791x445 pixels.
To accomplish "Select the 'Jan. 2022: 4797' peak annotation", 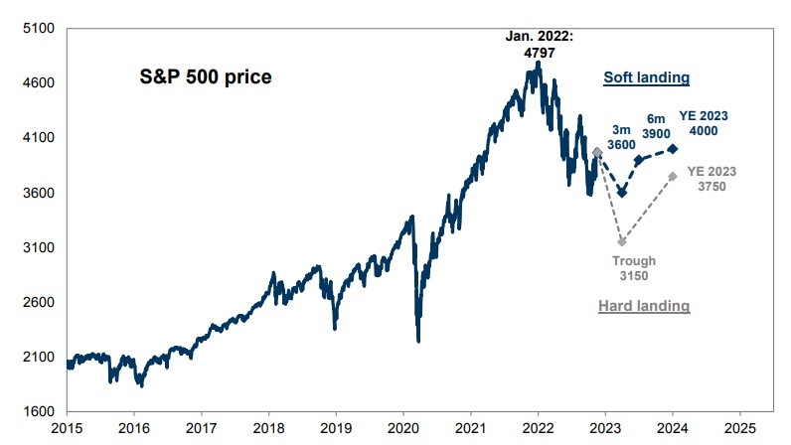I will click(x=539, y=43).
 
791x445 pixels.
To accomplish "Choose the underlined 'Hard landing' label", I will click(x=643, y=306).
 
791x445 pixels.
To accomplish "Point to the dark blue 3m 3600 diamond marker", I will click(x=622, y=192).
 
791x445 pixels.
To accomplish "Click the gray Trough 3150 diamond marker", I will click(x=622, y=241).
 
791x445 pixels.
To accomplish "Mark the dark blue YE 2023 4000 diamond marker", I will click(x=673, y=149).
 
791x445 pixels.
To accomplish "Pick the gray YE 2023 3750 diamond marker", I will click(x=673, y=176).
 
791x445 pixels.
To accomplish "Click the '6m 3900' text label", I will click(x=657, y=124).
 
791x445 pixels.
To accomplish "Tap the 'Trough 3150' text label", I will click(x=633, y=268).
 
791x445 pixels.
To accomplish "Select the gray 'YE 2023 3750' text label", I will click(x=712, y=178).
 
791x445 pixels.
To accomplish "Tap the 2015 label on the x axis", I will click(x=67, y=430).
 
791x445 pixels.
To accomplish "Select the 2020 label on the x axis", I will click(x=403, y=430).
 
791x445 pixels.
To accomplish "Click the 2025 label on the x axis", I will click(x=740, y=430).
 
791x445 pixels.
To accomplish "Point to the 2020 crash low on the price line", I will click(x=418, y=341).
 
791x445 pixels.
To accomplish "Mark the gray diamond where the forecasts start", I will click(x=596, y=152).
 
